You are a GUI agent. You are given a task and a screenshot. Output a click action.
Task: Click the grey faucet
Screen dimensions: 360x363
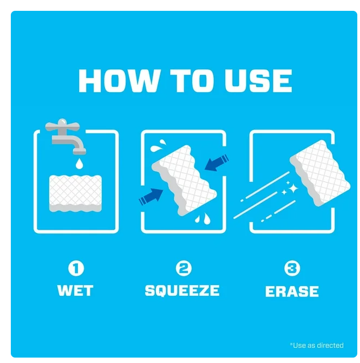(66, 137)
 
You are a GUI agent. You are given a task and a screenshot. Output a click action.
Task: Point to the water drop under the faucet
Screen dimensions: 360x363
(80, 164)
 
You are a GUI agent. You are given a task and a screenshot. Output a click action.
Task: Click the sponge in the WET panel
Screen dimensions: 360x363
(75, 193)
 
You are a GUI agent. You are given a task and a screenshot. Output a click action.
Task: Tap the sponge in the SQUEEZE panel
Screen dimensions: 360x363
(184, 180)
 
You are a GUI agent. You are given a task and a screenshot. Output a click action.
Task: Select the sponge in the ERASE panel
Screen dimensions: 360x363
(320, 172)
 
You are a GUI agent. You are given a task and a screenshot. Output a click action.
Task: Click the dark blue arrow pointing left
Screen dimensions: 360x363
(217, 163)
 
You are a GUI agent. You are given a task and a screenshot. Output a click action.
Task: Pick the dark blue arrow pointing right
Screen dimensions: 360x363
(151, 197)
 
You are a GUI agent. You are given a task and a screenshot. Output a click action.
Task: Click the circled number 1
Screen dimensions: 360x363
(76, 268)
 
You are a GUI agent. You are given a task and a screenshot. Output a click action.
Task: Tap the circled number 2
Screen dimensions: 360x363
(184, 268)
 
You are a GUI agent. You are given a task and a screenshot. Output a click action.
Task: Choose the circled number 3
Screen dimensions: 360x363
(292, 268)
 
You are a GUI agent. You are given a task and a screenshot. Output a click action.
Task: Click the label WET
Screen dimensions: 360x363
(75, 290)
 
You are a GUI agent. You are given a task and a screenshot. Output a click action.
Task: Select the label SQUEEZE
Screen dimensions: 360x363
(182, 291)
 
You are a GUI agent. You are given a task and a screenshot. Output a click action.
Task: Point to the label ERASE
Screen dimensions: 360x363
(292, 291)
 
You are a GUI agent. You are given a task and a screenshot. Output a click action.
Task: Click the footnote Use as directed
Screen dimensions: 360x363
(317, 346)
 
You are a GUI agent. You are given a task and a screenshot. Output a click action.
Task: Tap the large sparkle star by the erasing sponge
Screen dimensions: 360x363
(293, 188)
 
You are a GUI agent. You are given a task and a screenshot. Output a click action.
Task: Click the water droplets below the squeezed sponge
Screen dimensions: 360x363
(203, 218)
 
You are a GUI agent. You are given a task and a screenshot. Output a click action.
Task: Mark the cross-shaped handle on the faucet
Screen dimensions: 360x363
(62, 126)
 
